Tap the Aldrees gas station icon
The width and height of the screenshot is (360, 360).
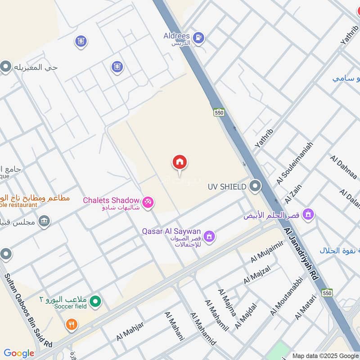click(198, 37)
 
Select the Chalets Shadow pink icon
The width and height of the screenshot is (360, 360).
click(148, 203)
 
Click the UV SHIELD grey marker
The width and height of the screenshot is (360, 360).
click(255, 186)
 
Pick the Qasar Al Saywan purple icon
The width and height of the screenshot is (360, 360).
click(208, 236)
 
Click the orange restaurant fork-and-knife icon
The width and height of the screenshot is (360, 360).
click(71, 324)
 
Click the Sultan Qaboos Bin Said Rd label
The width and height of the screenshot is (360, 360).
click(28, 310)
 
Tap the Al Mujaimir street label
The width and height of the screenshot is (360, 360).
click(267, 252)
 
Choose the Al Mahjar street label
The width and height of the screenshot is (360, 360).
click(130, 332)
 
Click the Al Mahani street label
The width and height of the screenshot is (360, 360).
click(175, 325)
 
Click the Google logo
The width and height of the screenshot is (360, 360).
click(19, 353)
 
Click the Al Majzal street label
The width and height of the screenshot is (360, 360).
click(257, 275)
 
